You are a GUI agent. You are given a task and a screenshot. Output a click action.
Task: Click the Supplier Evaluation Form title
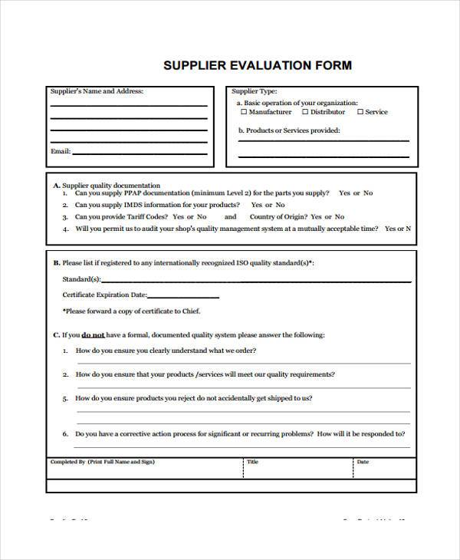click(x=258, y=66)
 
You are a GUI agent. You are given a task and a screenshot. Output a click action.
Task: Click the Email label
click(x=60, y=151)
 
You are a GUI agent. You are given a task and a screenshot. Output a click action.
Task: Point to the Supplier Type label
click(x=255, y=91)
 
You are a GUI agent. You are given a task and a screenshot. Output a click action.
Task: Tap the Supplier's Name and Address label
click(x=97, y=91)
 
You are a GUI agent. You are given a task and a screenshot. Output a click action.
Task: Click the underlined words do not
click(x=94, y=334)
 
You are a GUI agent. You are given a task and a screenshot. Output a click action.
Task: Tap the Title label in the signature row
click(x=252, y=462)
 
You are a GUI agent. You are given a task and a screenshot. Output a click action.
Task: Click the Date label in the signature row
click(x=363, y=462)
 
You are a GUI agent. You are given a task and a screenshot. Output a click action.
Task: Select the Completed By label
click(x=67, y=462)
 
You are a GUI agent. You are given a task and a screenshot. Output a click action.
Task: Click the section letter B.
click(x=56, y=262)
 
